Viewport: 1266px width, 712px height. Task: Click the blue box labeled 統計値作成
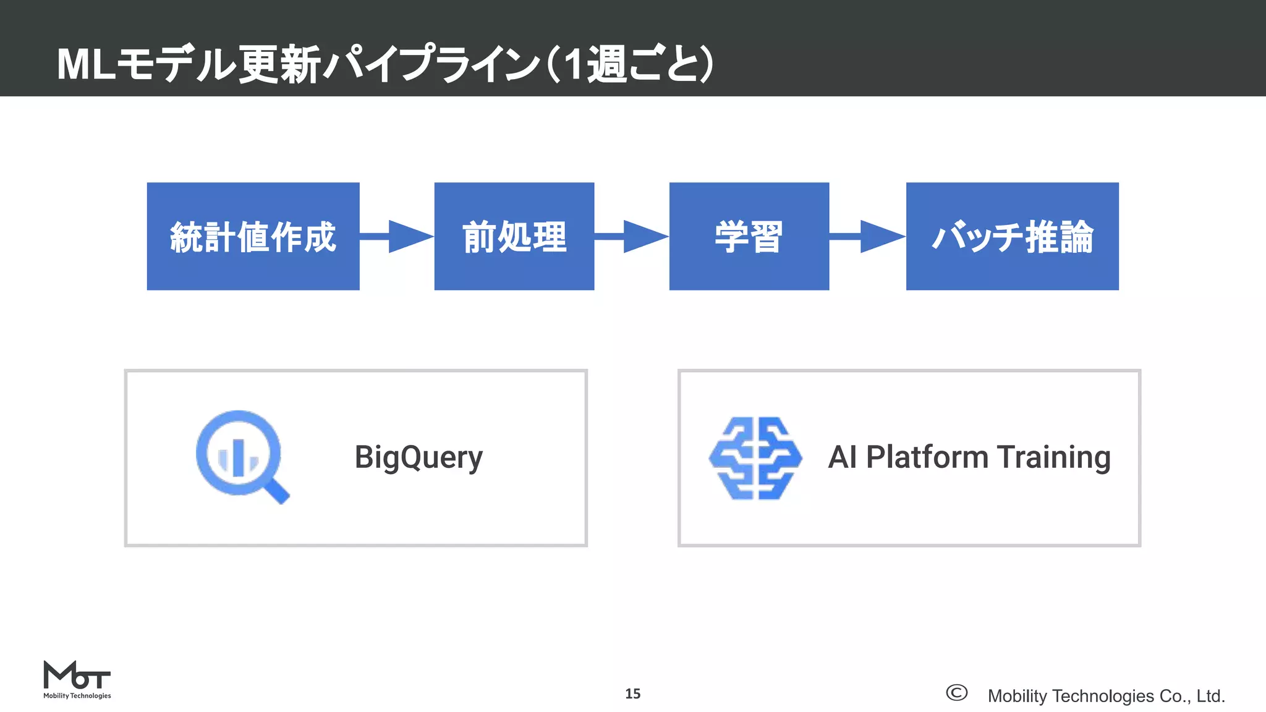click(253, 236)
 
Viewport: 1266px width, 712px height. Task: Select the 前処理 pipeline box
click(514, 236)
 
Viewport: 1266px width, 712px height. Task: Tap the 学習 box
click(749, 236)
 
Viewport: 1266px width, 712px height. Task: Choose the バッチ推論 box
click(1012, 236)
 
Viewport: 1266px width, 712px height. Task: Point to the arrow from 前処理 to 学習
click(632, 236)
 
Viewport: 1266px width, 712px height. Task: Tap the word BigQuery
click(418, 458)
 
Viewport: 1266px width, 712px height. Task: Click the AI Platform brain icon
click(755, 458)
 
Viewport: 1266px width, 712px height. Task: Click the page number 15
click(632, 693)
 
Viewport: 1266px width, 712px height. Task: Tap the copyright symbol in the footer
click(956, 693)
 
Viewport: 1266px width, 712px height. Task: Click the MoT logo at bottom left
click(77, 679)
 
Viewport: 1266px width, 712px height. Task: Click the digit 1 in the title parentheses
click(573, 64)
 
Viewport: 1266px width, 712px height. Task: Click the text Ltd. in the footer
click(1210, 696)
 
